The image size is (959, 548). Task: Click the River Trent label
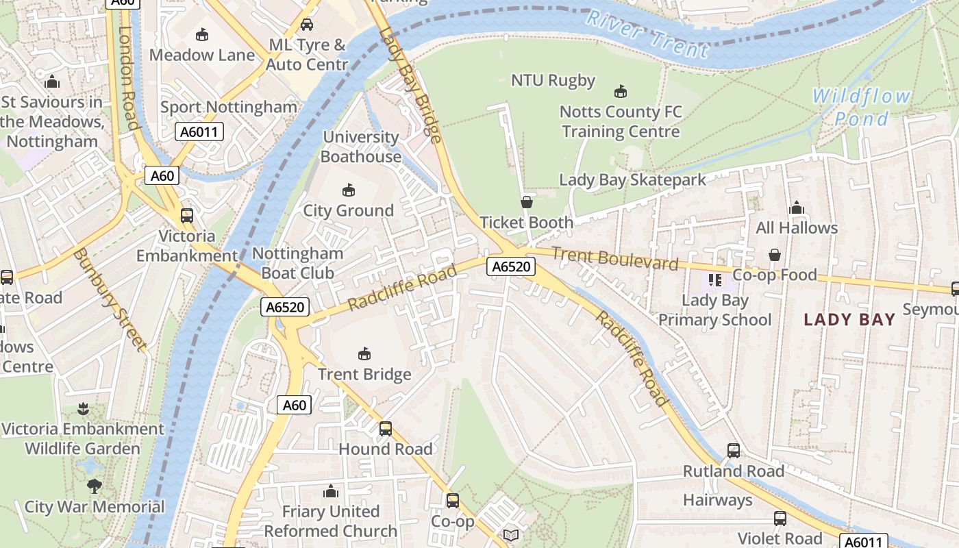click(x=647, y=34)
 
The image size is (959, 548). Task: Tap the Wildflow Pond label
click(x=861, y=108)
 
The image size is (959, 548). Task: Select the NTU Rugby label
click(x=553, y=80)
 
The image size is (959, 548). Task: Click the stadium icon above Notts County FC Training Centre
click(x=621, y=91)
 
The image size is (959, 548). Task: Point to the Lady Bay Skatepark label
click(x=632, y=179)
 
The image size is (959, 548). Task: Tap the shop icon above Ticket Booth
click(x=527, y=202)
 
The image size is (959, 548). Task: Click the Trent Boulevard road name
click(x=614, y=258)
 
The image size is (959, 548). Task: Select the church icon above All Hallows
click(x=796, y=208)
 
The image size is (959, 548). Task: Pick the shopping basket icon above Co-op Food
click(x=774, y=255)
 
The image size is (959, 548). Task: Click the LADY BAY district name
click(x=849, y=319)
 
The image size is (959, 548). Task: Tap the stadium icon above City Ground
click(x=348, y=190)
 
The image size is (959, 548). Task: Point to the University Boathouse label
click(x=360, y=147)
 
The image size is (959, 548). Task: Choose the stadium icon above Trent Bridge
click(x=364, y=354)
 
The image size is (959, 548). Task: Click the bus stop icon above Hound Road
click(x=386, y=429)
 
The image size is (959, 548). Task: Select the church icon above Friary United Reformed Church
click(x=331, y=491)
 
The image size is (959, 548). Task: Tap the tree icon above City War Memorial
click(x=95, y=486)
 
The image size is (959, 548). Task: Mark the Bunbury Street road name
click(x=109, y=300)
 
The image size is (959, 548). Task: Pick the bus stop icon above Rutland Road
click(x=733, y=451)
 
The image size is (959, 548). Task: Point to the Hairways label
click(x=717, y=500)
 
